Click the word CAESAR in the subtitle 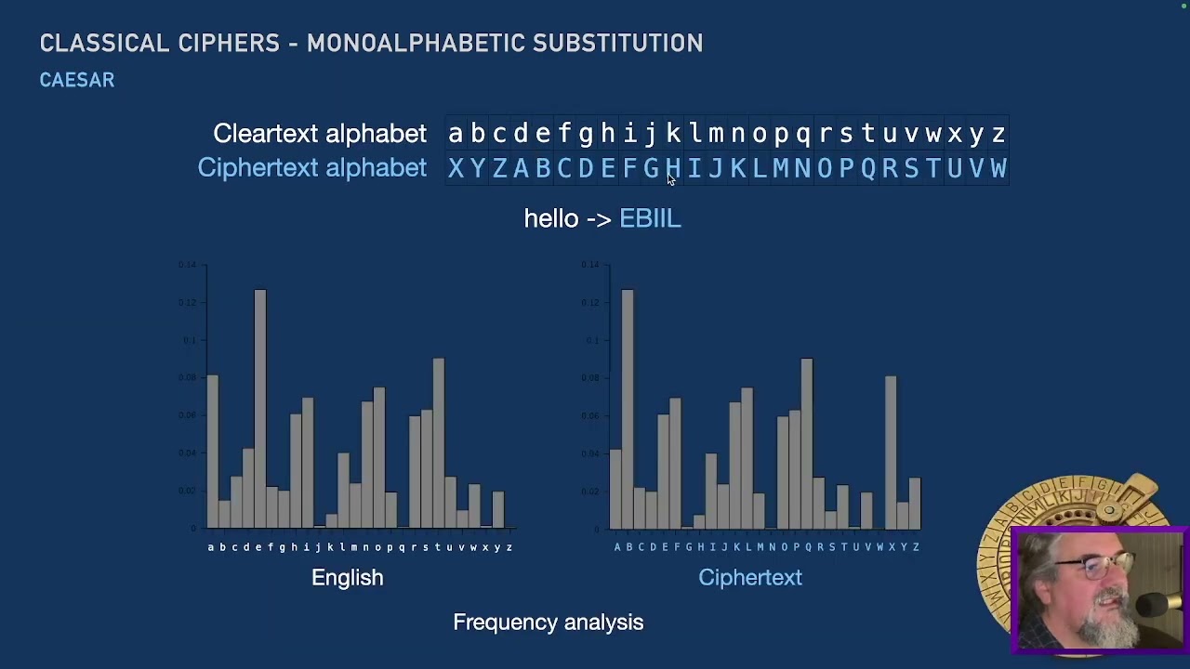77,81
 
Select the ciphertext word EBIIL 650,218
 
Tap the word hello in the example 551,218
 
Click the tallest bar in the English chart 260,409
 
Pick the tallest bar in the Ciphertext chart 628,409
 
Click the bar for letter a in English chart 212,452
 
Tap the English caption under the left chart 347,577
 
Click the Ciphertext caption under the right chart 749,577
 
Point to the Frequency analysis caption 548,623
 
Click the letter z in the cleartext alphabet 998,134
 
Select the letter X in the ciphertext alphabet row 456,168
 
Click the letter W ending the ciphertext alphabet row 998,168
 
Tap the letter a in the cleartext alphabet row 456,134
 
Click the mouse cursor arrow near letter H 671,179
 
